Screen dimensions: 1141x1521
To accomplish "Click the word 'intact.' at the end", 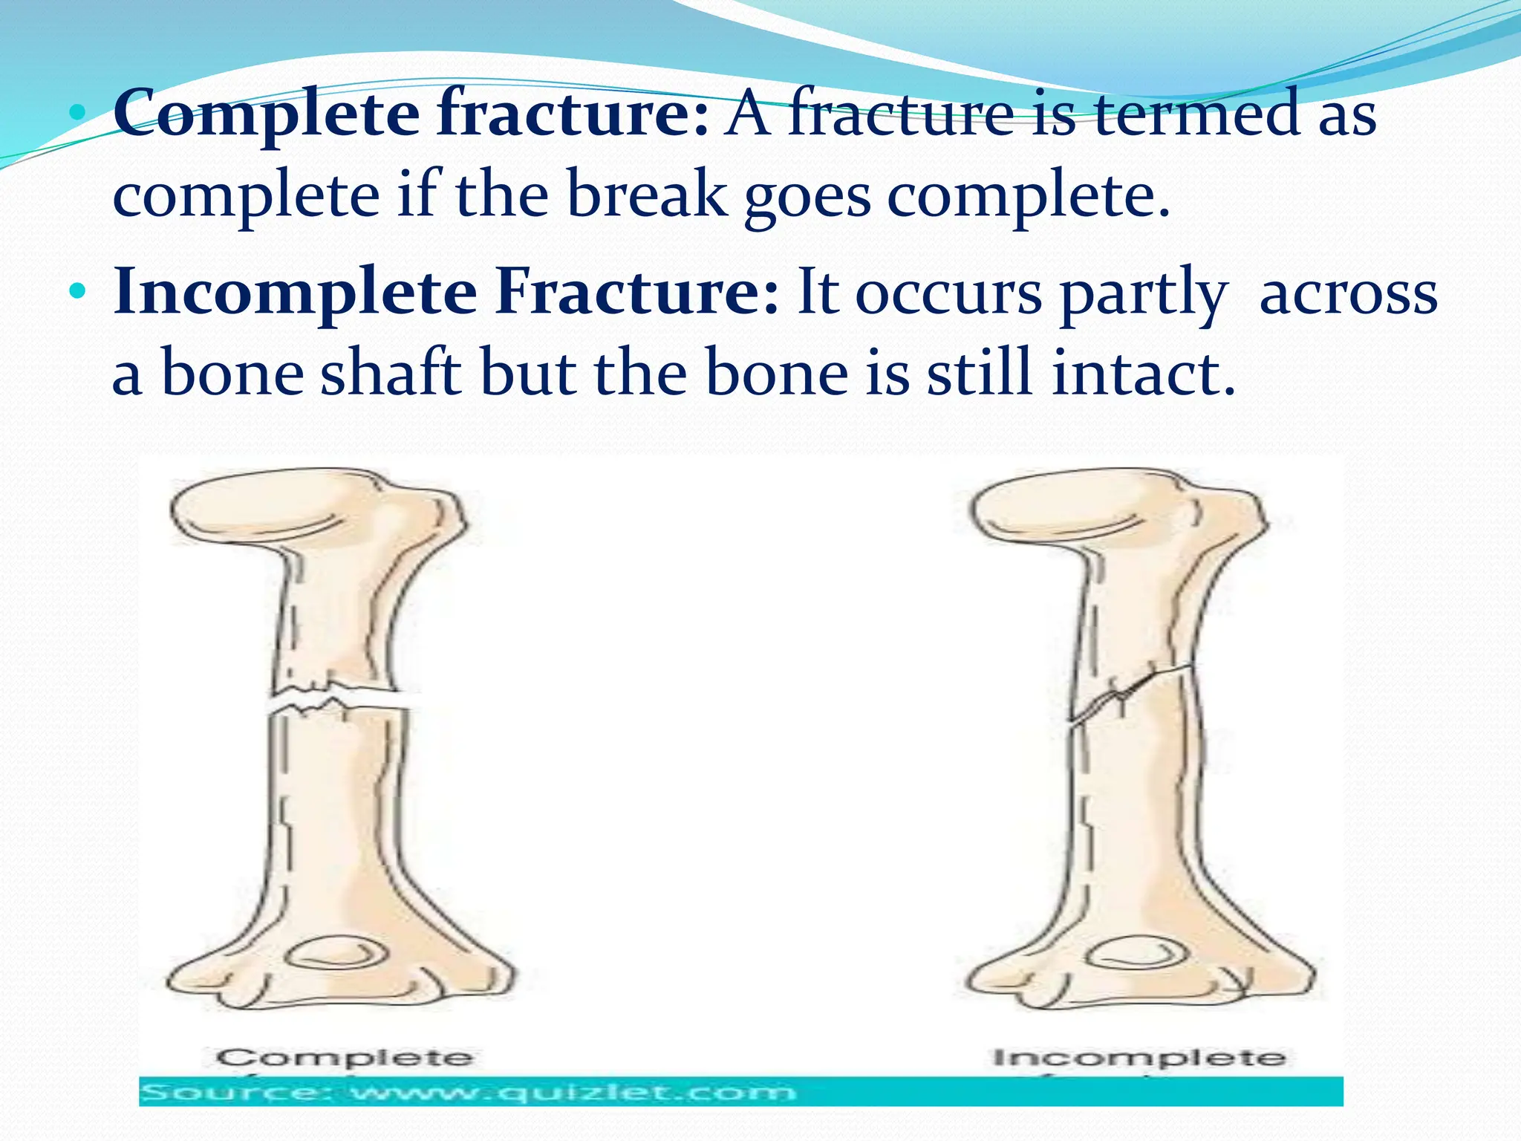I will click(1144, 373).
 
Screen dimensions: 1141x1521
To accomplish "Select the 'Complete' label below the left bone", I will click(345, 1057).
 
